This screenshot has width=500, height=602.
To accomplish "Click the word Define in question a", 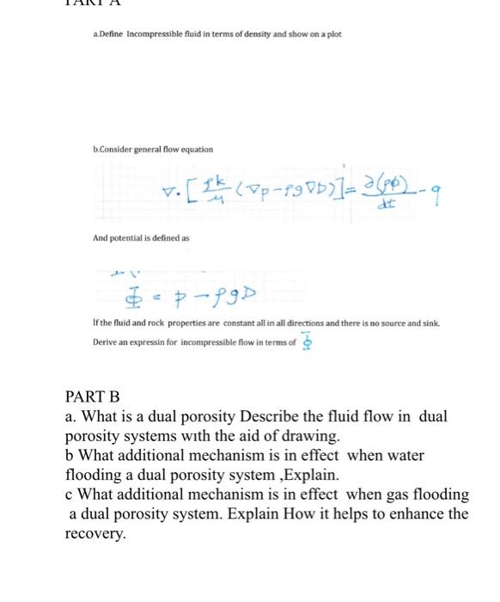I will [110, 34].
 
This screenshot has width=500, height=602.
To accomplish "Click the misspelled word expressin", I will [148, 342].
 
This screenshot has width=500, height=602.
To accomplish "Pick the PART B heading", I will [93, 396].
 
